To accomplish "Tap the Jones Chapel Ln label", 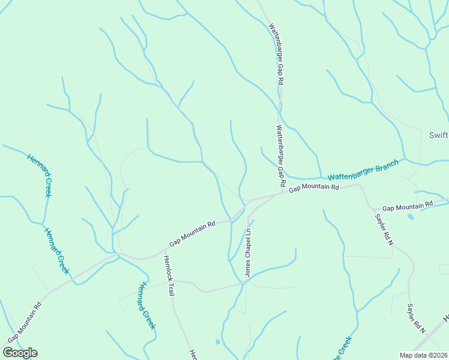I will coord(247,252).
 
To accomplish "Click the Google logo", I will coord(20,353).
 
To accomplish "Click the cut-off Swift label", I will coord(439,135).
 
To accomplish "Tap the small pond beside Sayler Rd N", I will coord(410,216).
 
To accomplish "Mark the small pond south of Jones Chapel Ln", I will coord(217,342).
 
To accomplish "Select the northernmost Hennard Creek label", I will coord(40,175).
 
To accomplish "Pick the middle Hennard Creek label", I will coord(57,250).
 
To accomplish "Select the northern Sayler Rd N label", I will coord(384,230).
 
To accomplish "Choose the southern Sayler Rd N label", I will coord(416,318).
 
